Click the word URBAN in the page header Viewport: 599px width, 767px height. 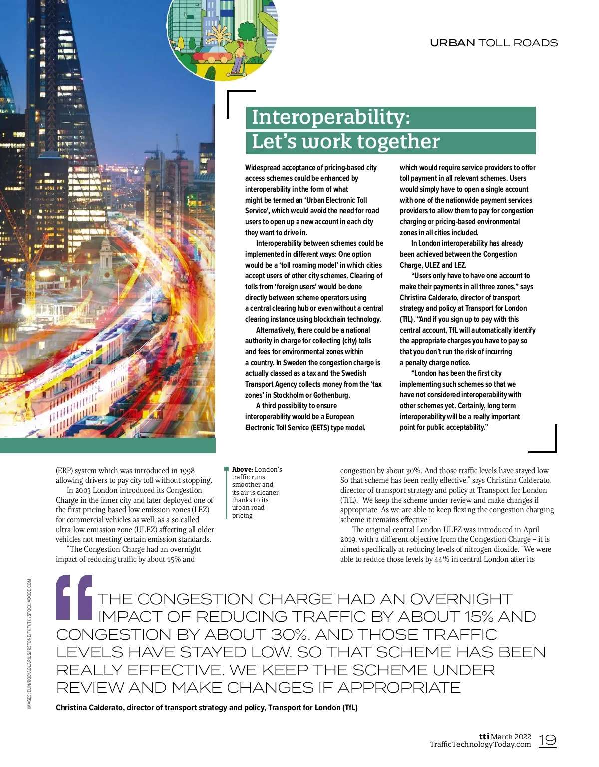[x=452, y=43]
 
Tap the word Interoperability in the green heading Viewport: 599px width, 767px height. [x=330, y=117]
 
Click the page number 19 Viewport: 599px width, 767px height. [x=548, y=740]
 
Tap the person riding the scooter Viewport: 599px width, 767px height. [x=239, y=58]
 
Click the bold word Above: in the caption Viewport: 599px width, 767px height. [x=243, y=470]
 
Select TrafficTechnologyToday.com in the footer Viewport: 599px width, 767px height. [x=480, y=745]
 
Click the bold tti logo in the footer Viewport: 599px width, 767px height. [x=484, y=736]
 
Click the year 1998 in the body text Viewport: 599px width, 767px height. [x=187, y=471]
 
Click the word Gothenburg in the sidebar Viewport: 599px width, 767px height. [x=331, y=395]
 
